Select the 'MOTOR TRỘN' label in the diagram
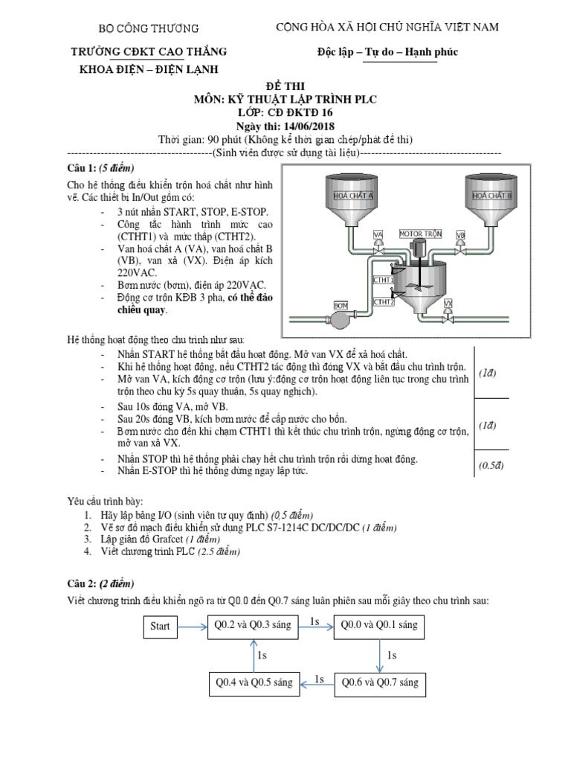coord(420,234)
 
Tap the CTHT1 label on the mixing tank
coord(383,279)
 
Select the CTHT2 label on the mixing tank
coord(383,302)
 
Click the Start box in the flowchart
coord(160,627)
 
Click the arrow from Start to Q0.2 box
coord(193,627)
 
